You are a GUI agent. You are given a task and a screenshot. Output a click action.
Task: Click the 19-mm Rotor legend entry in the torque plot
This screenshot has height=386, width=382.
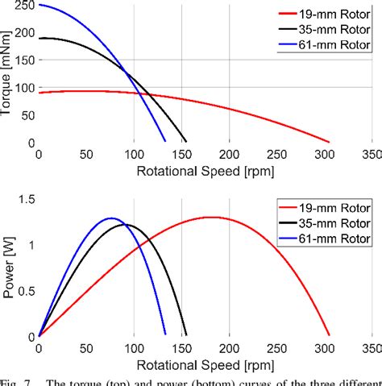tap(332, 14)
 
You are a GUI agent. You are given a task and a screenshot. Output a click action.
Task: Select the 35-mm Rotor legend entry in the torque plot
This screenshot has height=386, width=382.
tap(332, 30)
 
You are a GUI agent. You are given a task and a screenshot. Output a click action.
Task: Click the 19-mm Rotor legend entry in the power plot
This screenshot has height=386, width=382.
tap(332, 207)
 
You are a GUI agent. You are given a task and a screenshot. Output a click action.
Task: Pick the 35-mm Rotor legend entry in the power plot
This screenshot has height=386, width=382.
tap(332, 223)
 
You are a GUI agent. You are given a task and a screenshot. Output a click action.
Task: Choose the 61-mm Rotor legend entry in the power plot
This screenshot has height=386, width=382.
tap(332, 239)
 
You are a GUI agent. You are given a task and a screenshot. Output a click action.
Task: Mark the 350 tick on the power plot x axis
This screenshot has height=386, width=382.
tap(372, 349)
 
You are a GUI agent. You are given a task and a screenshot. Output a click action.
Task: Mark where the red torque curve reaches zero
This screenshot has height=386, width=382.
tap(329, 142)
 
